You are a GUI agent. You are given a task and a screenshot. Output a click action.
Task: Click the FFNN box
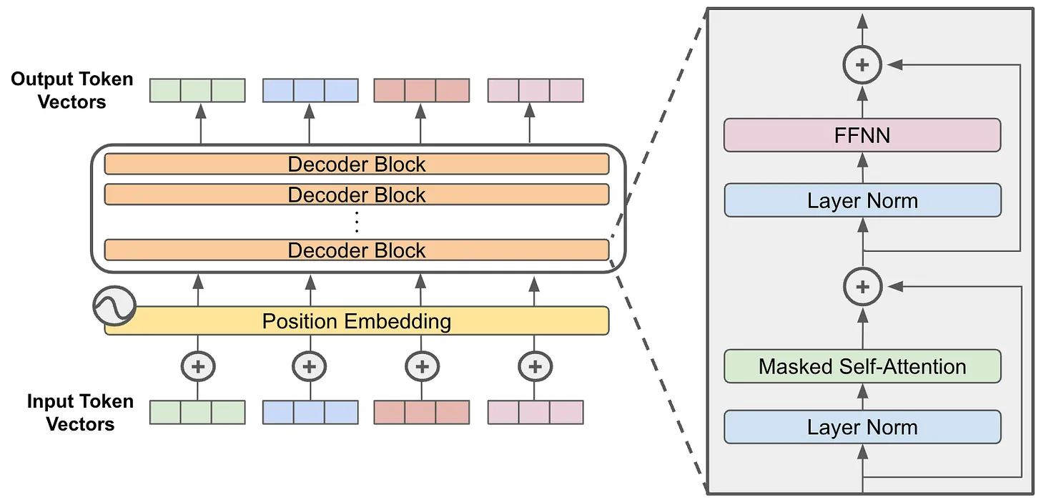(862, 135)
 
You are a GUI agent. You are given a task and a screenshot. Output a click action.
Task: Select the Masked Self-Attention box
(862, 366)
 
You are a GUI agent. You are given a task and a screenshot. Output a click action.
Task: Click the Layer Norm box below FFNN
(862, 200)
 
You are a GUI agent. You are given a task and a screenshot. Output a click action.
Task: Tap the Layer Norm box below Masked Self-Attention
(862, 427)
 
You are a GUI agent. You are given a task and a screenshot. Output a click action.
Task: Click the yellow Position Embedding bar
(357, 321)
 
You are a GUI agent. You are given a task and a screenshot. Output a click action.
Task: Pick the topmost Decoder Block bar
(357, 164)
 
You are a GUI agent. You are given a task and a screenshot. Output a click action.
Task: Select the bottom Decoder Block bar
(357, 250)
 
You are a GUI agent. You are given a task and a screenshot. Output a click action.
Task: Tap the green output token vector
(197, 90)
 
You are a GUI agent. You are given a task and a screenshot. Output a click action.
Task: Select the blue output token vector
(310, 90)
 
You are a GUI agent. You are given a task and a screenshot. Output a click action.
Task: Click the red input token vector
(422, 412)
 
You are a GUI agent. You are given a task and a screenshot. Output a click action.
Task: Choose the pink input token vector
(536, 412)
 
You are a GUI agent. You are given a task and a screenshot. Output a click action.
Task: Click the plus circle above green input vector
(198, 366)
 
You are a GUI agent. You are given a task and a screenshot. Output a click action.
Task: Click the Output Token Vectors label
(72, 90)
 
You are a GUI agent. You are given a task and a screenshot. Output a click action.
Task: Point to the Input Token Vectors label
(80, 413)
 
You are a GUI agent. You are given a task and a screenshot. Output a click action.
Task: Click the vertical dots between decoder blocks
(357, 222)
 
